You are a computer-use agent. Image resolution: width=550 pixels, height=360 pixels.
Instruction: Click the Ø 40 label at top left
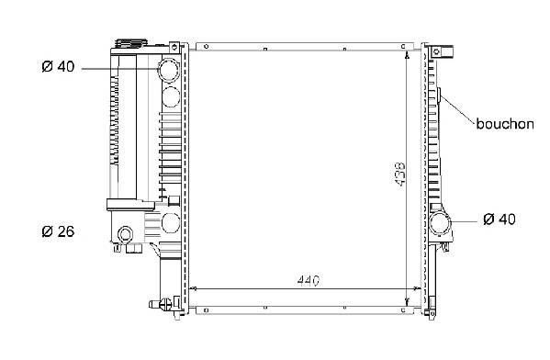[x=58, y=66]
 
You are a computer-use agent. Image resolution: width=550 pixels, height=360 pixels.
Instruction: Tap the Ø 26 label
[x=58, y=231]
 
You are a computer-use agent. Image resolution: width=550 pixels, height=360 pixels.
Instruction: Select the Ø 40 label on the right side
[x=499, y=219]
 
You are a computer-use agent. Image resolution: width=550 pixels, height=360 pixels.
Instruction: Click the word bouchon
[x=505, y=124]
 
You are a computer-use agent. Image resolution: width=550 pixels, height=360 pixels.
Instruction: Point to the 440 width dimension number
[x=309, y=280]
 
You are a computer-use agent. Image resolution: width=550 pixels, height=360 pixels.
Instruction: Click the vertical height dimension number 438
[x=400, y=174]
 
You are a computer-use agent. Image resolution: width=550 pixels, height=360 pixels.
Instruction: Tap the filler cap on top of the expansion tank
[x=131, y=43]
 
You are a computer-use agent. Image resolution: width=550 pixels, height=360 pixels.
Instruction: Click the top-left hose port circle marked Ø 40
[x=169, y=70]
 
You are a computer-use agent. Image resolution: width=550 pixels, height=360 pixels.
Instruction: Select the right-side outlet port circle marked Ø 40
[x=440, y=223]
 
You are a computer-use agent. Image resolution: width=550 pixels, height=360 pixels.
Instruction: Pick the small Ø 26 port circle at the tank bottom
[x=125, y=233]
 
